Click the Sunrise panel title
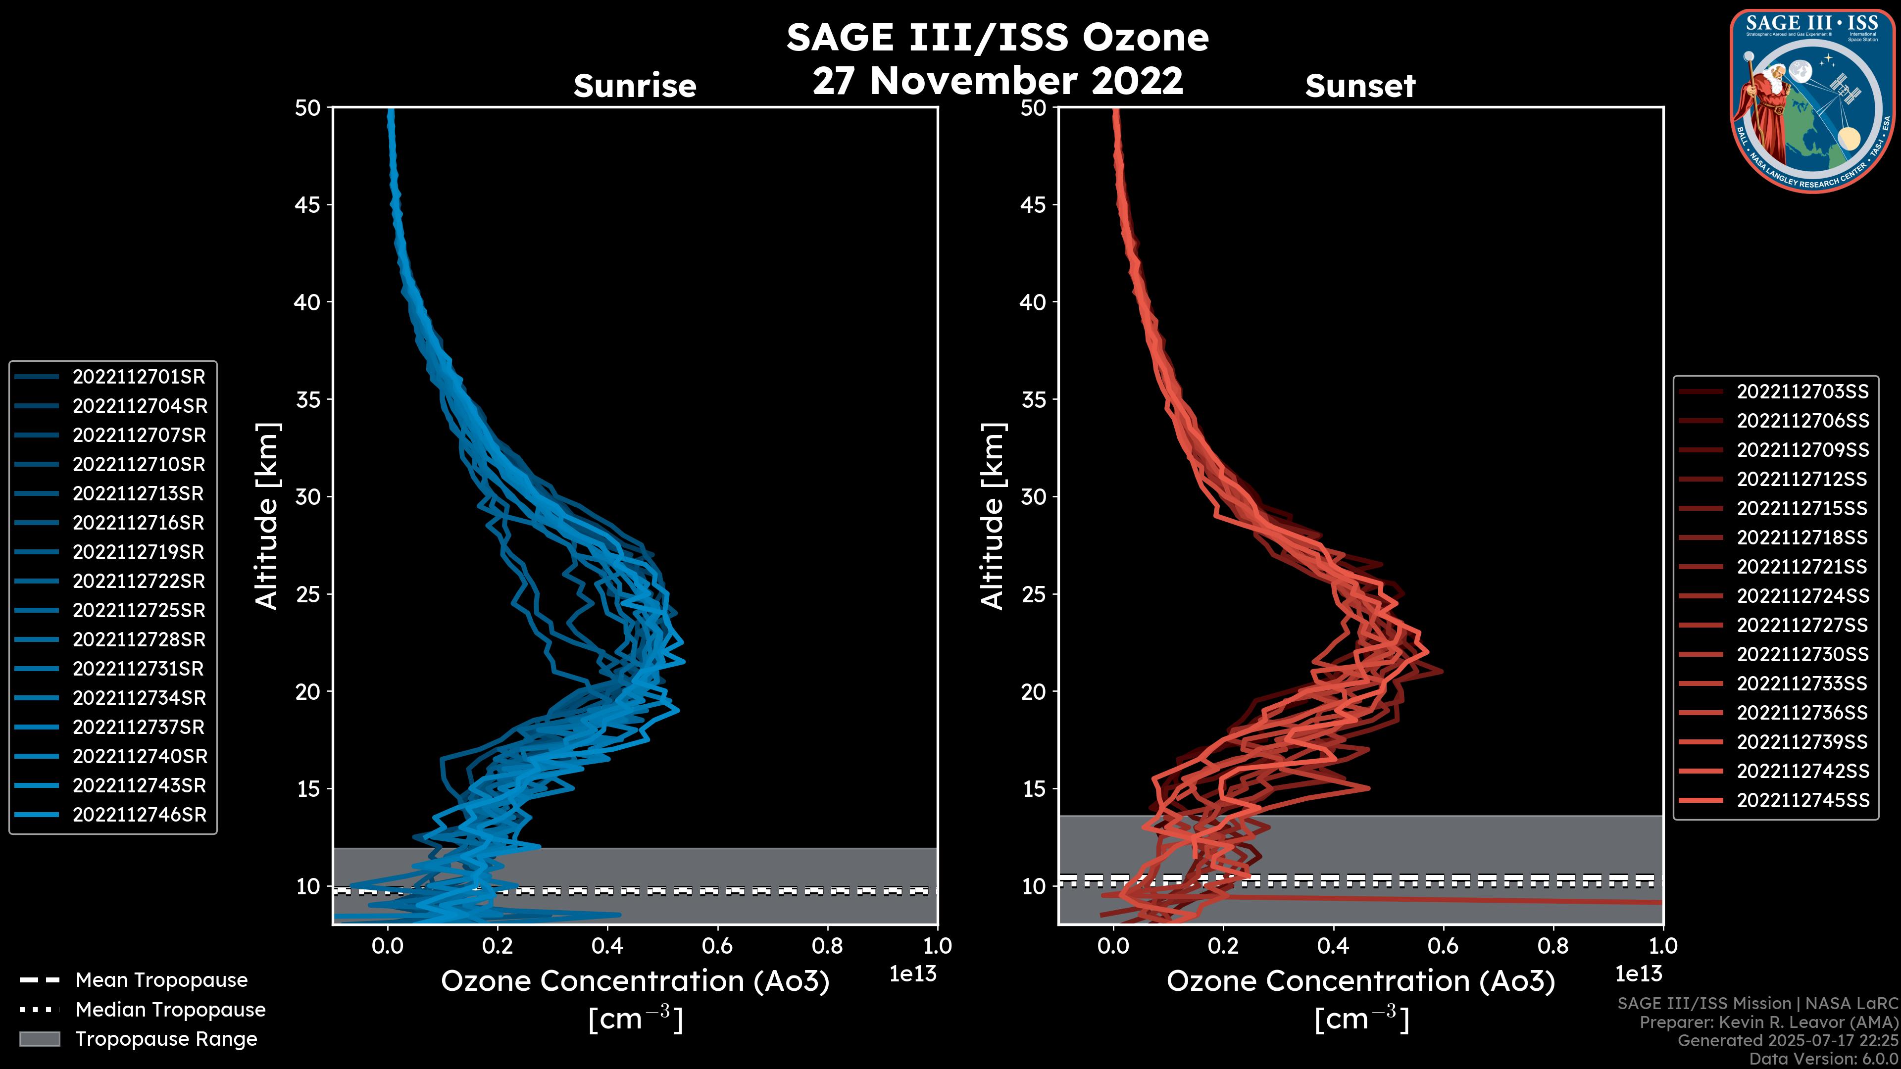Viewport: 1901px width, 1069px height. (x=635, y=86)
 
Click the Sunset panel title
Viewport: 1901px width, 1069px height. (x=1360, y=86)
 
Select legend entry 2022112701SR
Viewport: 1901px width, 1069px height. (x=139, y=377)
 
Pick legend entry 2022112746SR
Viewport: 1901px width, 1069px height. (x=139, y=815)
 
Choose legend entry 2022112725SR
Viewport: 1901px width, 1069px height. (x=139, y=611)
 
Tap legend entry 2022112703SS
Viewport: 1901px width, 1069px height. (x=1802, y=392)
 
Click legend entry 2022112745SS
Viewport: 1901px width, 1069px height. (x=1802, y=800)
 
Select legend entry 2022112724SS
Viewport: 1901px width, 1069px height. (x=1802, y=596)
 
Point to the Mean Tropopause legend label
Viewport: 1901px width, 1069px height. (x=161, y=980)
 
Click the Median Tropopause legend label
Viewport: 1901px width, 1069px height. (x=170, y=1010)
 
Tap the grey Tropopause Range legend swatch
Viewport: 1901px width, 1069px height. (x=39, y=1039)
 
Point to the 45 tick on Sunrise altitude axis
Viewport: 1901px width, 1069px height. (x=308, y=205)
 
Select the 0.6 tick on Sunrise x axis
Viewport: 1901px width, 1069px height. (x=717, y=946)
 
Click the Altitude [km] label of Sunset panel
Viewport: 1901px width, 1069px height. (x=993, y=516)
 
